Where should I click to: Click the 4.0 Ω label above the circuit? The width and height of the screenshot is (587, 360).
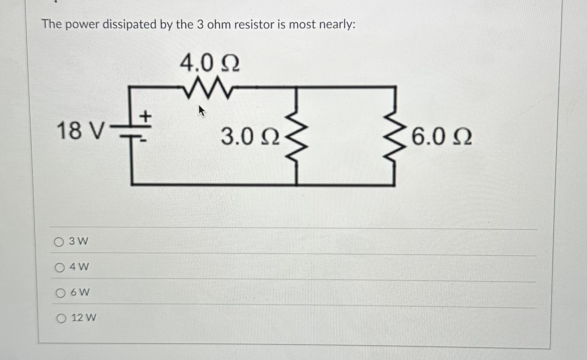(x=210, y=64)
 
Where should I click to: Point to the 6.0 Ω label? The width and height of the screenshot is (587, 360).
(x=441, y=137)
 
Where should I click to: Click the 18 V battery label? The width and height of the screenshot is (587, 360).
(x=80, y=131)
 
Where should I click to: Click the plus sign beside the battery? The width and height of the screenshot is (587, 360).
(x=146, y=117)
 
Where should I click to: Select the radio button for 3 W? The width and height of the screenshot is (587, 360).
(x=59, y=242)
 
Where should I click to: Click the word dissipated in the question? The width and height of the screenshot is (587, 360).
(x=129, y=24)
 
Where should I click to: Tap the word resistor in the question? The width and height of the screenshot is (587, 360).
(x=254, y=24)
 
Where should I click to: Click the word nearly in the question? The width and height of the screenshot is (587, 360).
(x=337, y=24)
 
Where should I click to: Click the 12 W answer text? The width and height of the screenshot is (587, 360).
(x=84, y=317)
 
